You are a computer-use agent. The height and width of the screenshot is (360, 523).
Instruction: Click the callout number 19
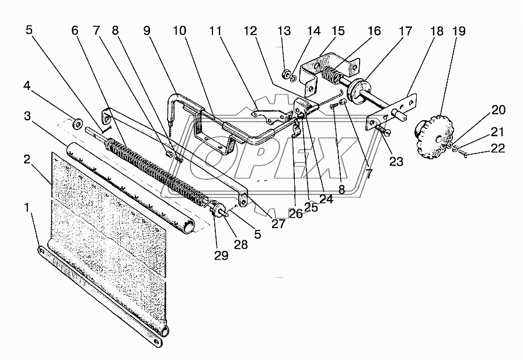459,31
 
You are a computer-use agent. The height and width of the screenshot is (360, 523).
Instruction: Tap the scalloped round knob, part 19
430,133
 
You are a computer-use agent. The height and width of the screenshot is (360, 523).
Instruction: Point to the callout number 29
221,256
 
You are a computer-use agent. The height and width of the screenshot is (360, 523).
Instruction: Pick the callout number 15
337,31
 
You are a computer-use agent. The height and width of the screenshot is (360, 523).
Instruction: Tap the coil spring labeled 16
333,76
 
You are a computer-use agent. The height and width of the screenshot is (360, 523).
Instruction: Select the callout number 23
396,162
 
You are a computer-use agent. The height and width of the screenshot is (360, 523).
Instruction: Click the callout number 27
278,223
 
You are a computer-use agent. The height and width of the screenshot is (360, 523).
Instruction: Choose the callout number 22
498,148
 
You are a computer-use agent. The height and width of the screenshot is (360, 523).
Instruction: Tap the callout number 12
250,31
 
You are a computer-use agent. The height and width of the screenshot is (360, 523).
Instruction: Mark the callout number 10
179,31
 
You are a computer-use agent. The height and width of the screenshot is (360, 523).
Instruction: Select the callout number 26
296,214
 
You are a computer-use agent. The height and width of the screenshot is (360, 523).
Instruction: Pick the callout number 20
498,110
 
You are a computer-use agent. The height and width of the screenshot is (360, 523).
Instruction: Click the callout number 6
75,31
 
